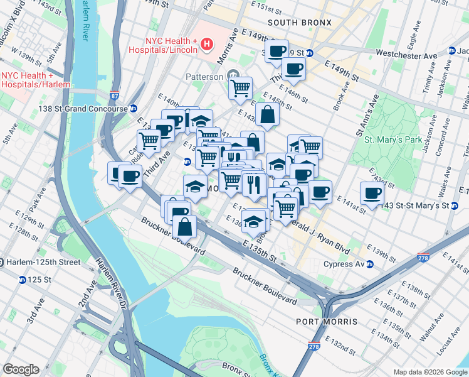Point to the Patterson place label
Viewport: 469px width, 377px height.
click(203, 77)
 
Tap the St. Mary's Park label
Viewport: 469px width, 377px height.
click(394, 139)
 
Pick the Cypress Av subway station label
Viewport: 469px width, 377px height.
click(344, 264)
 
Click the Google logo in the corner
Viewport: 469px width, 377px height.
click(21, 369)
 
